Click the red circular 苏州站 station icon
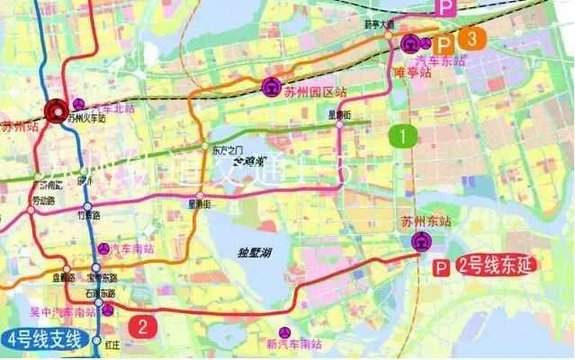[x=57, y=112]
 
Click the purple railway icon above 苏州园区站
[x=270, y=88]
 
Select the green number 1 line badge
[x=404, y=136]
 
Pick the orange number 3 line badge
[x=472, y=39]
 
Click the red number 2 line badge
[x=142, y=326]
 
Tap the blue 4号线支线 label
[x=45, y=340]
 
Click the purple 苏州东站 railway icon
[x=420, y=241]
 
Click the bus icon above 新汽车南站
[x=286, y=331]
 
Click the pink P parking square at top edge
[x=445, y=6]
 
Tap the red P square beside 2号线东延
[x=442, y=267]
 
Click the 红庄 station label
[x=112, y=345]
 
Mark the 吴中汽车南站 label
[x=63, y=312]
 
